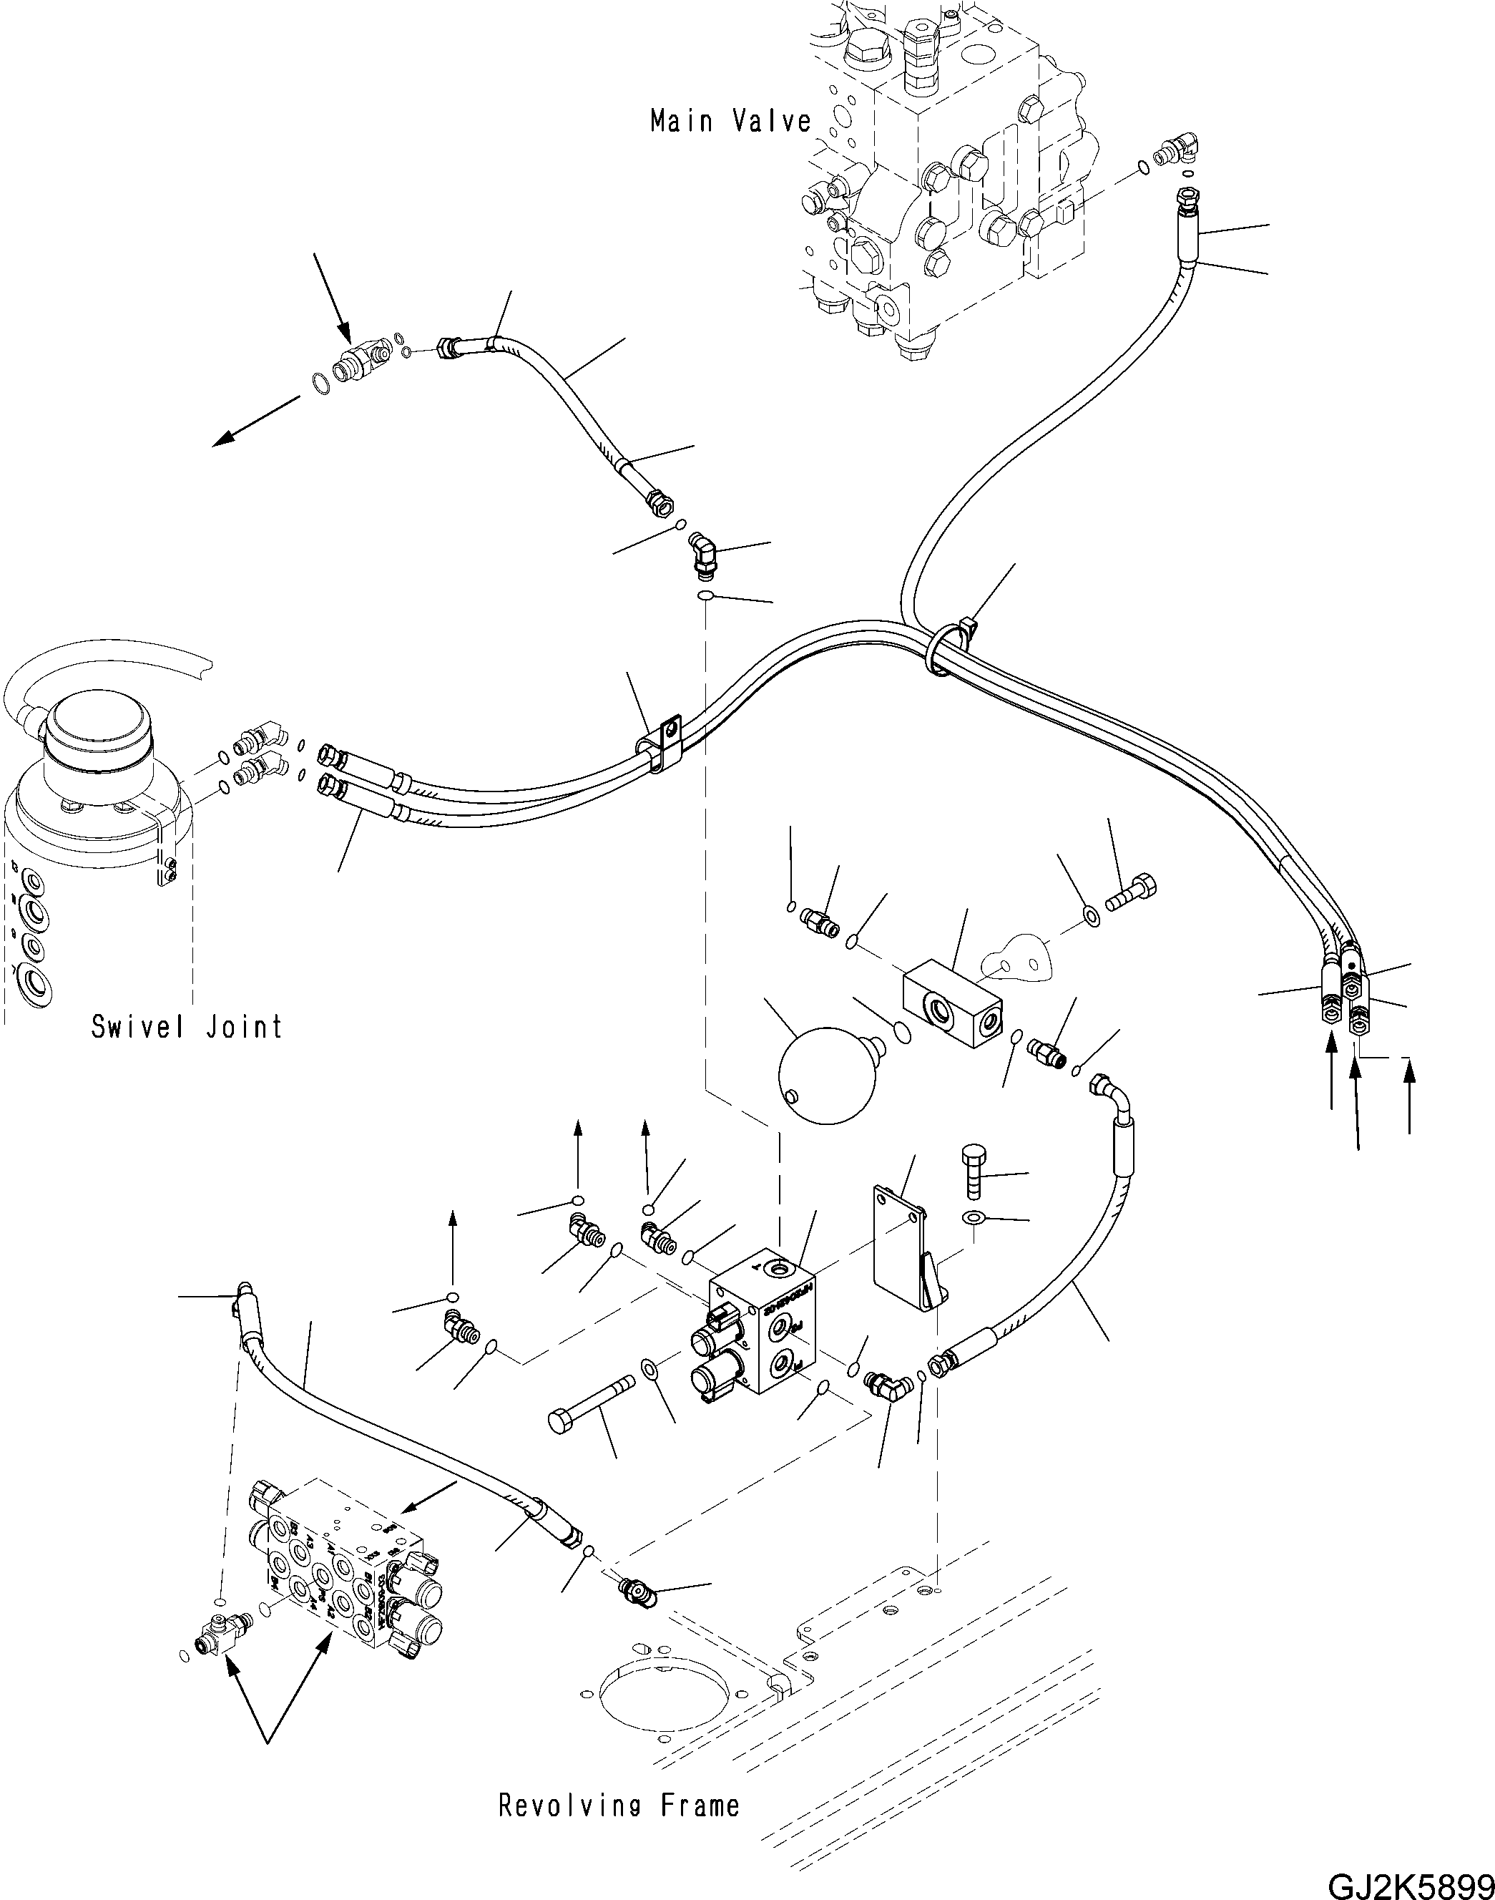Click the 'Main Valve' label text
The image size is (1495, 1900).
731,121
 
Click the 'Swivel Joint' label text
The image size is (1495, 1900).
187,1026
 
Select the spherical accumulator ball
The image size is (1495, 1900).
825,1075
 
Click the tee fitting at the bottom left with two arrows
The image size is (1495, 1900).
216,1632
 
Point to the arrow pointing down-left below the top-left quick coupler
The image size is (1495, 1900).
258,422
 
